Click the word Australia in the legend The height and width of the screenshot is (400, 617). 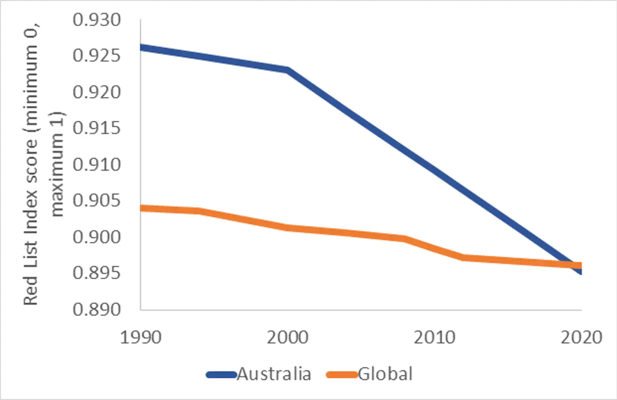pyautogui.click(x=274, y=374)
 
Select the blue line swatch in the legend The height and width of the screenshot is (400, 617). pyautogui.click(x=220, y=374)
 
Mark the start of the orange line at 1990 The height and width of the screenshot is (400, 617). pyautogui.click(x=142, y=208)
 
